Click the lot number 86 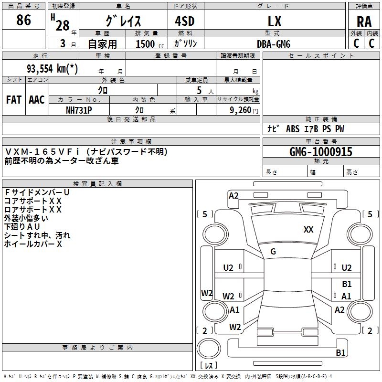click(x=23, y=20)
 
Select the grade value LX click(x=275, y=21)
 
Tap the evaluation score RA click(x=364, y=22)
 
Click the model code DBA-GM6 click(x=274, y=44)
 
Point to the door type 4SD click(x=185, y=21)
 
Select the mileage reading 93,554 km click(x=52, y=68)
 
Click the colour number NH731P click(x=79, y=110)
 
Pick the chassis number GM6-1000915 click(x=320, y=152)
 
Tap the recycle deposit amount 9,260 click(x=240, y=110)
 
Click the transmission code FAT click(x=14, y=100)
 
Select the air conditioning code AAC click(x=37, y=100)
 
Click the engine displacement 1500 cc click(x=150, y=44)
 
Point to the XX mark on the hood click(x=308, y=230)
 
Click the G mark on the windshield click(x=273, y=252)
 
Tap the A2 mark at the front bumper click(x=233, y=196)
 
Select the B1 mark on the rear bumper click(x=340, y=352)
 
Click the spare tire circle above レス click(x=209, y=349)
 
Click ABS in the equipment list click(x=293, y=129)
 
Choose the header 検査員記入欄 click(x=97, y=184)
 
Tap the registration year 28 click(x=63, y=26)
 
